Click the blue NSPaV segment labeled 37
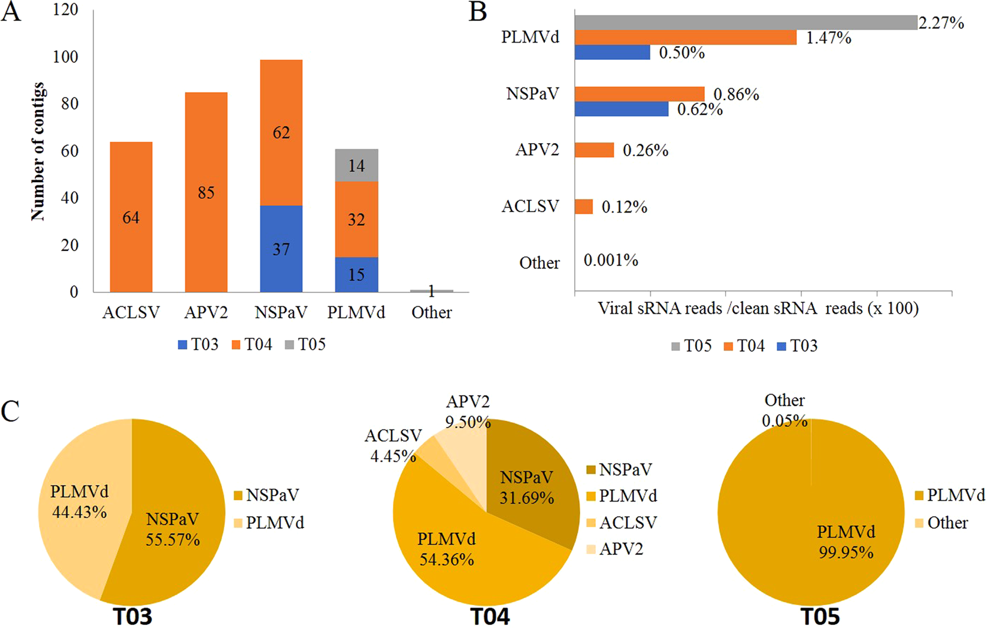[x=281, y=248]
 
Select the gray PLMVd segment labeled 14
[x=356, y=165]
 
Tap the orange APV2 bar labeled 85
[x=206, y=192]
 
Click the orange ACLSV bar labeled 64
[x=131, y=217]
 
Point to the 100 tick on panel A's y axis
[x=65, y=57]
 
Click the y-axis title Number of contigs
[x=38, y=151]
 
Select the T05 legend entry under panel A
[x=305, y=345]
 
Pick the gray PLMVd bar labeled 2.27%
[x=745, y=23]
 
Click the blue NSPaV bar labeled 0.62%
[x=621, y=109]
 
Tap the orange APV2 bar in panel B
[x=594, y=150]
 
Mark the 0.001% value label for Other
[x=611, y=260]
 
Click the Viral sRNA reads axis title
[x=758, y=309]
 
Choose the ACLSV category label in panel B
[x=530, y=207]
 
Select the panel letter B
[x=477, y=12]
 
